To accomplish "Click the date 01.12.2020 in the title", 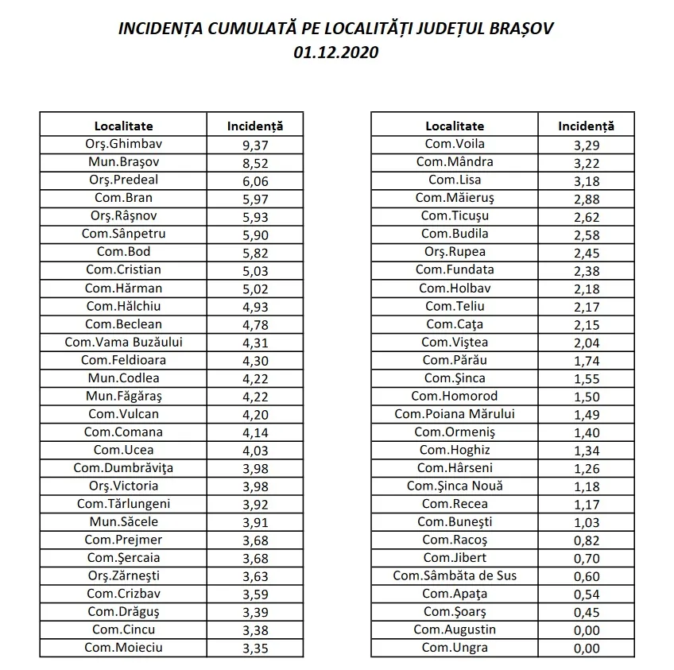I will (x=335, y=53).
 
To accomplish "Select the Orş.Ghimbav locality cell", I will (x=123, y=144).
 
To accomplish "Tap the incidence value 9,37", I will (x=254, y=145).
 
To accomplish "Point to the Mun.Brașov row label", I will (x=123, y=162).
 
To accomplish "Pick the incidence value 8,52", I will (x=254, y=163).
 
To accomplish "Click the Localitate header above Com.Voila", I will (x=454, y=126).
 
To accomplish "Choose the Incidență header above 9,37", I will (x=254, y=126).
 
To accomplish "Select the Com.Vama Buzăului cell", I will (x=123, y=342).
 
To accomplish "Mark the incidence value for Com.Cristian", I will (x=254, y=270).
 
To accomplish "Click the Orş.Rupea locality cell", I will (x=454, y=252).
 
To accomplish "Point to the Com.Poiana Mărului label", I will (x=454, y=414).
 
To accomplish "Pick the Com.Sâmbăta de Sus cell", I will (x=454, y=575).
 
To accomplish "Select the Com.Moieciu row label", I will (x=123, y=648).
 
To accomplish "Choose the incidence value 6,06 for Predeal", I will (x=254, y=180).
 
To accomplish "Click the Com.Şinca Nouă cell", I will (x=454, y=486).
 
